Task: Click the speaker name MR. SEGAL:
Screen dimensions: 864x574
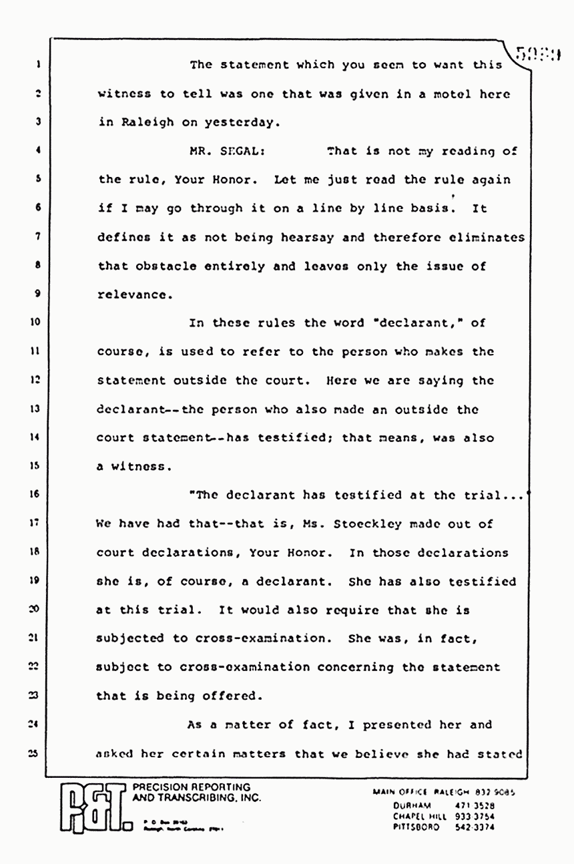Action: (218, 151)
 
